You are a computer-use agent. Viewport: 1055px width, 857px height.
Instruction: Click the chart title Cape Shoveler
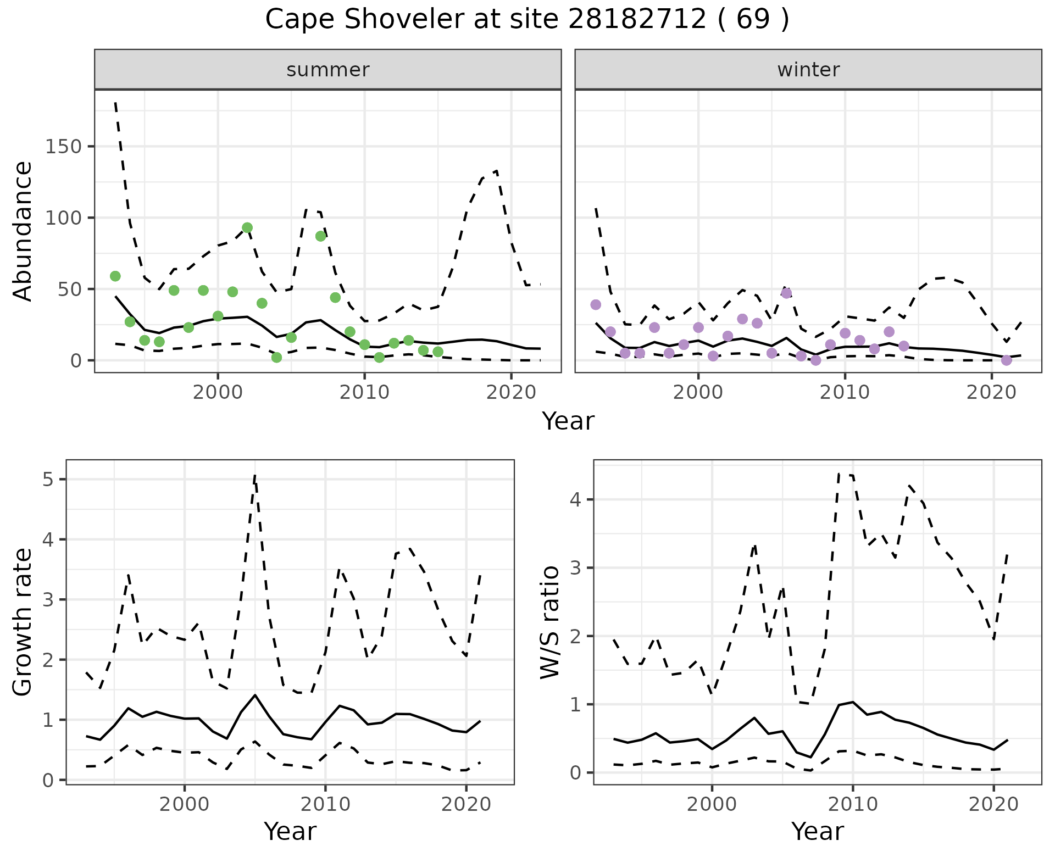click(526, 20)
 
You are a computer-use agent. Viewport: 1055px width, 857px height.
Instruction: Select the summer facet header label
click(328, 70)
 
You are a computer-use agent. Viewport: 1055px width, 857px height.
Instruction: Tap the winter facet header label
click(808, 70)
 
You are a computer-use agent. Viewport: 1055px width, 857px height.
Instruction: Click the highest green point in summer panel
click(247, 227)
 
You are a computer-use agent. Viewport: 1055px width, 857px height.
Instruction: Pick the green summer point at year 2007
click(321, 236)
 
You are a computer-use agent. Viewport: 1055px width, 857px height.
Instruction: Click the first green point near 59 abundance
click(115, 276)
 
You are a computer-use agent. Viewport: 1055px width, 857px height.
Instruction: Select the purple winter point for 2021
click(1007, 360)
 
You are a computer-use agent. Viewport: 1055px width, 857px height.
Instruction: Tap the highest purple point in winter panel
click(786, 293)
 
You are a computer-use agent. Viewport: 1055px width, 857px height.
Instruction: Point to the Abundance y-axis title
click(23, 231)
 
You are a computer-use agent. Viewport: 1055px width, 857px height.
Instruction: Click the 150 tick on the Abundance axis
click(63, 147)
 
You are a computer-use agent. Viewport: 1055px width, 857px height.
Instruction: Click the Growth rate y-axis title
click(23, 622)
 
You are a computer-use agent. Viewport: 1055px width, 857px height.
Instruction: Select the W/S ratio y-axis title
click(550, 622)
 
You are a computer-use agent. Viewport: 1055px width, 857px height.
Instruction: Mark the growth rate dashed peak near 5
click(255, 476)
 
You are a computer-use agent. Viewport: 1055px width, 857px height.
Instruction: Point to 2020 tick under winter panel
click(992, 393)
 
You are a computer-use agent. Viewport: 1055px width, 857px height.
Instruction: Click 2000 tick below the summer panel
click(218, 393)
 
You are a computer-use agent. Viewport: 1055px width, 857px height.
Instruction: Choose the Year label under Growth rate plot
click(290, 831)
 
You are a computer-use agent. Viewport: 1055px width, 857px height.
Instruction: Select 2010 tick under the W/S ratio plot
click(853, 805)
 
